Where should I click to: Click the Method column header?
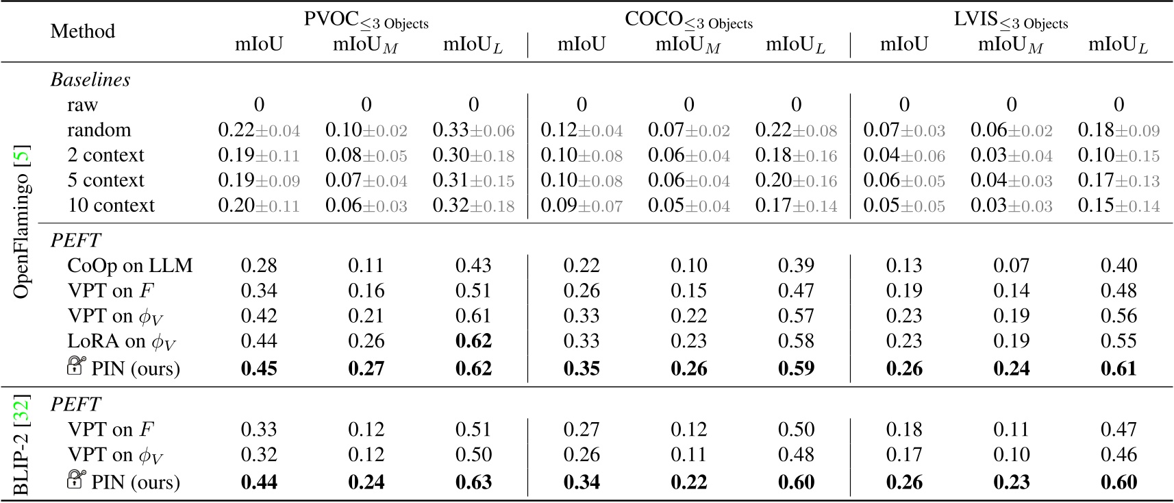(x=82, y=31)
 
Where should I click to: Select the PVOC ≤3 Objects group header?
(x=366, y=20)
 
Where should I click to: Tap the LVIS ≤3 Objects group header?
(x=1010, y=20)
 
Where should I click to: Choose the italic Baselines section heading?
(x=90, y=79)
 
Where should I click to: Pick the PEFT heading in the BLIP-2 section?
(x=75, y=404)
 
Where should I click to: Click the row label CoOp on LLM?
(x=129, y=265)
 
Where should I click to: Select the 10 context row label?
(x=111, y=205)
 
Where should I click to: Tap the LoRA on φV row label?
(x=115, y=341)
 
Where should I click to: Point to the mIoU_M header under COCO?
(x=688, y=45)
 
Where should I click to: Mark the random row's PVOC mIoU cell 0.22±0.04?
(x=259, y=130)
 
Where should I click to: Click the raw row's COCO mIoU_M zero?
(x=688, y=104)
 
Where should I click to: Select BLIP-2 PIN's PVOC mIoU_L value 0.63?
(x=473, y=482)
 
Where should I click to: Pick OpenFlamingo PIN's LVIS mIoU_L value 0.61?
(x=1118, y=368)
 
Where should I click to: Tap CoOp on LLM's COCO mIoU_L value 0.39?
(x=795, y=265)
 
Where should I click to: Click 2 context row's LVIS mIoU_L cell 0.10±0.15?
(x=1118, y=155)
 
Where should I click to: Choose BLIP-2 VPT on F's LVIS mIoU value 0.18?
(x=903, y=430)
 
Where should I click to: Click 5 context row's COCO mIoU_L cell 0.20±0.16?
(x=795, y=180)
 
